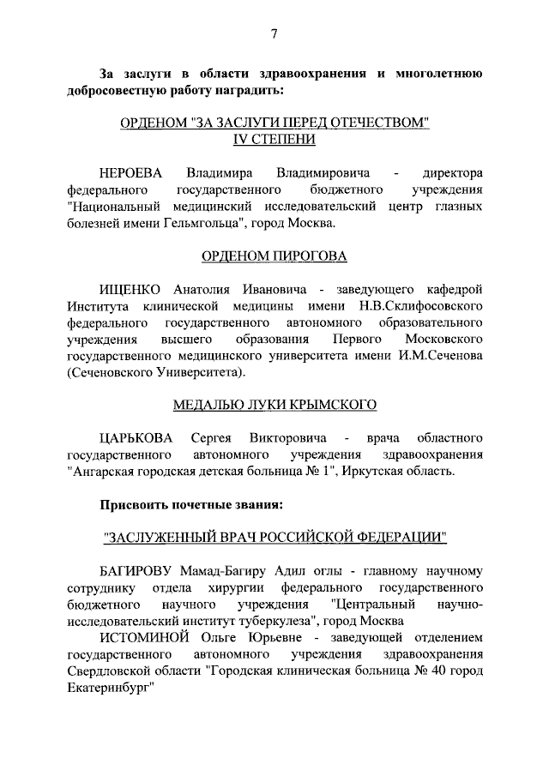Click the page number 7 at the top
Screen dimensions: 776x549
(x=274, y=34)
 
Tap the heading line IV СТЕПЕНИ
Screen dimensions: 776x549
(x=274, y=139)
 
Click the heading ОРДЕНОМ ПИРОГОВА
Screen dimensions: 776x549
(x=274, y=256)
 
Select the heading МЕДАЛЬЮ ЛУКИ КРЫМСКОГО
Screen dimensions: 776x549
(x=274, y=405)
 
